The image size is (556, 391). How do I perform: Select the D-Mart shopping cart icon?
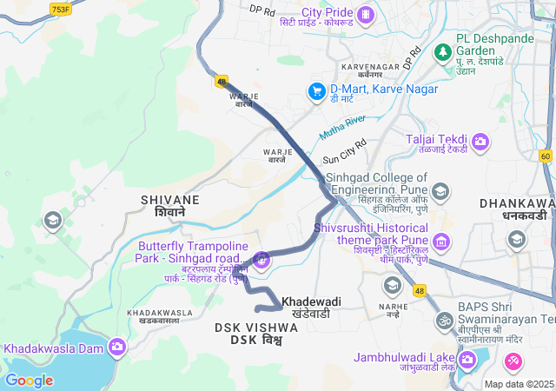319,90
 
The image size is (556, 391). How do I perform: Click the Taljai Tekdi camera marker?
480,140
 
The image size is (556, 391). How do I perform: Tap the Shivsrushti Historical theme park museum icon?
442,240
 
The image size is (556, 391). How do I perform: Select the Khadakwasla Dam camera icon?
117,348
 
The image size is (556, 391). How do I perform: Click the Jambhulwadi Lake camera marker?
467,358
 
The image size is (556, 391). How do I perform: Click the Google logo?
29,381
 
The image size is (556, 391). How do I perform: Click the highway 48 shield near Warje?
222,82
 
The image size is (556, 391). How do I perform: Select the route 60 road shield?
545,156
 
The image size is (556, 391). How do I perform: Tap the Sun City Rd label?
345,152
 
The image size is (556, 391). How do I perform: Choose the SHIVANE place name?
169,201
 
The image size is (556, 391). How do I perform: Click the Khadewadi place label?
311,302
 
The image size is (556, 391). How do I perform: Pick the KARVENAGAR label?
369,67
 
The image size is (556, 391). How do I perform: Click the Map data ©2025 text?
519,384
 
